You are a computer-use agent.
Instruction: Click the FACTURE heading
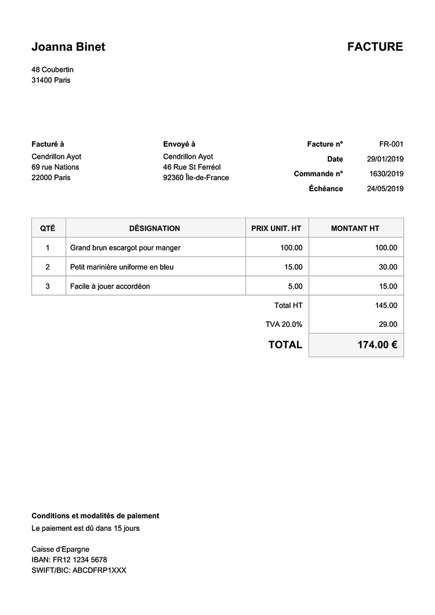[x=375, y=47]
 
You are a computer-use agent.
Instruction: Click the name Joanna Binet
[x=68, y=47]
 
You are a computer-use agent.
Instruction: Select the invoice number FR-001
[x=391, y=144]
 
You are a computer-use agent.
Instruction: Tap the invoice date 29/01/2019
[x=385, y=159]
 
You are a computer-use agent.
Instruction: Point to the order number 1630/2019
[x=386, y=174]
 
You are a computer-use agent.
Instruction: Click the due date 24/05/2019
[x=385, y=189]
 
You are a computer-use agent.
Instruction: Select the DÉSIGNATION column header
[x=154, y=228]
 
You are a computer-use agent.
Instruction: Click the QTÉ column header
[x=48, y=228]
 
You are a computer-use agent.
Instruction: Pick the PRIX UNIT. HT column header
[x=276, y=228]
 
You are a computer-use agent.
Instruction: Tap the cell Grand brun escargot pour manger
[x=125, y=248]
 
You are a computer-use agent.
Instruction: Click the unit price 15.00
[x=293, y=267]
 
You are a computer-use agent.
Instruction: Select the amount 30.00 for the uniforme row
[x=388, y=267]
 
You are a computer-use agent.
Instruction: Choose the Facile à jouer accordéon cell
[x=110, y=286]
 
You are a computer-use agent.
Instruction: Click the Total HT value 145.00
[x=386, y=305]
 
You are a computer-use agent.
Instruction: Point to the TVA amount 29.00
[x=388, y=325]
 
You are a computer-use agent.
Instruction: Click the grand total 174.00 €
[x=377, y=345]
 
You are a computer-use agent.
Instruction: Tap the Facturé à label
[x=48, y=144]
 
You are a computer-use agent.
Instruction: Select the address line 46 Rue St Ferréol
[x=192, y=168]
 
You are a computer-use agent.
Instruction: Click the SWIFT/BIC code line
[x=79, y=570]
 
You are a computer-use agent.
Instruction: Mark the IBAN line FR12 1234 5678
[x=69, y=560]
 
